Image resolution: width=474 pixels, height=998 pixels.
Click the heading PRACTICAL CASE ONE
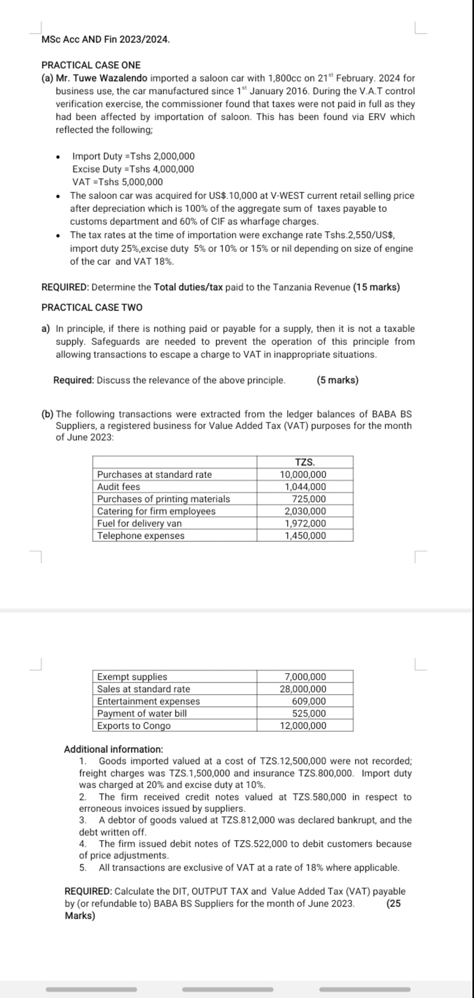pos(91,65)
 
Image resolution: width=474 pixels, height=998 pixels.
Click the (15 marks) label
pos(376,287)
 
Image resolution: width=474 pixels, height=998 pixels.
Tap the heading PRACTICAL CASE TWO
pos(92,308)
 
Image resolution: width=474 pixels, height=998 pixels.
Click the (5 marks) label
pos(337,380)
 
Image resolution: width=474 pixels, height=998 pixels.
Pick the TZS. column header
pos(305,462)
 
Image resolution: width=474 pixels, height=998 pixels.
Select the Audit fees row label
pos(119,487)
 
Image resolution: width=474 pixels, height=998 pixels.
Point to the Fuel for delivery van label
pos(139,524)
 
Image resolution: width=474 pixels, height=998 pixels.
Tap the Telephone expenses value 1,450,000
pos(305,536)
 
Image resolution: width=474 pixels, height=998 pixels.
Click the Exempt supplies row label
pos(132,677)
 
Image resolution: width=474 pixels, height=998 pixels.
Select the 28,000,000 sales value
pos(303,689)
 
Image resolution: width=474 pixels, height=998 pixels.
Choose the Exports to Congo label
pos(134,726)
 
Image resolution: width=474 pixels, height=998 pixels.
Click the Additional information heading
pos(113,749)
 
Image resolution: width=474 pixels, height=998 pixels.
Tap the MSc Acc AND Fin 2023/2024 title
pos(106,40)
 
